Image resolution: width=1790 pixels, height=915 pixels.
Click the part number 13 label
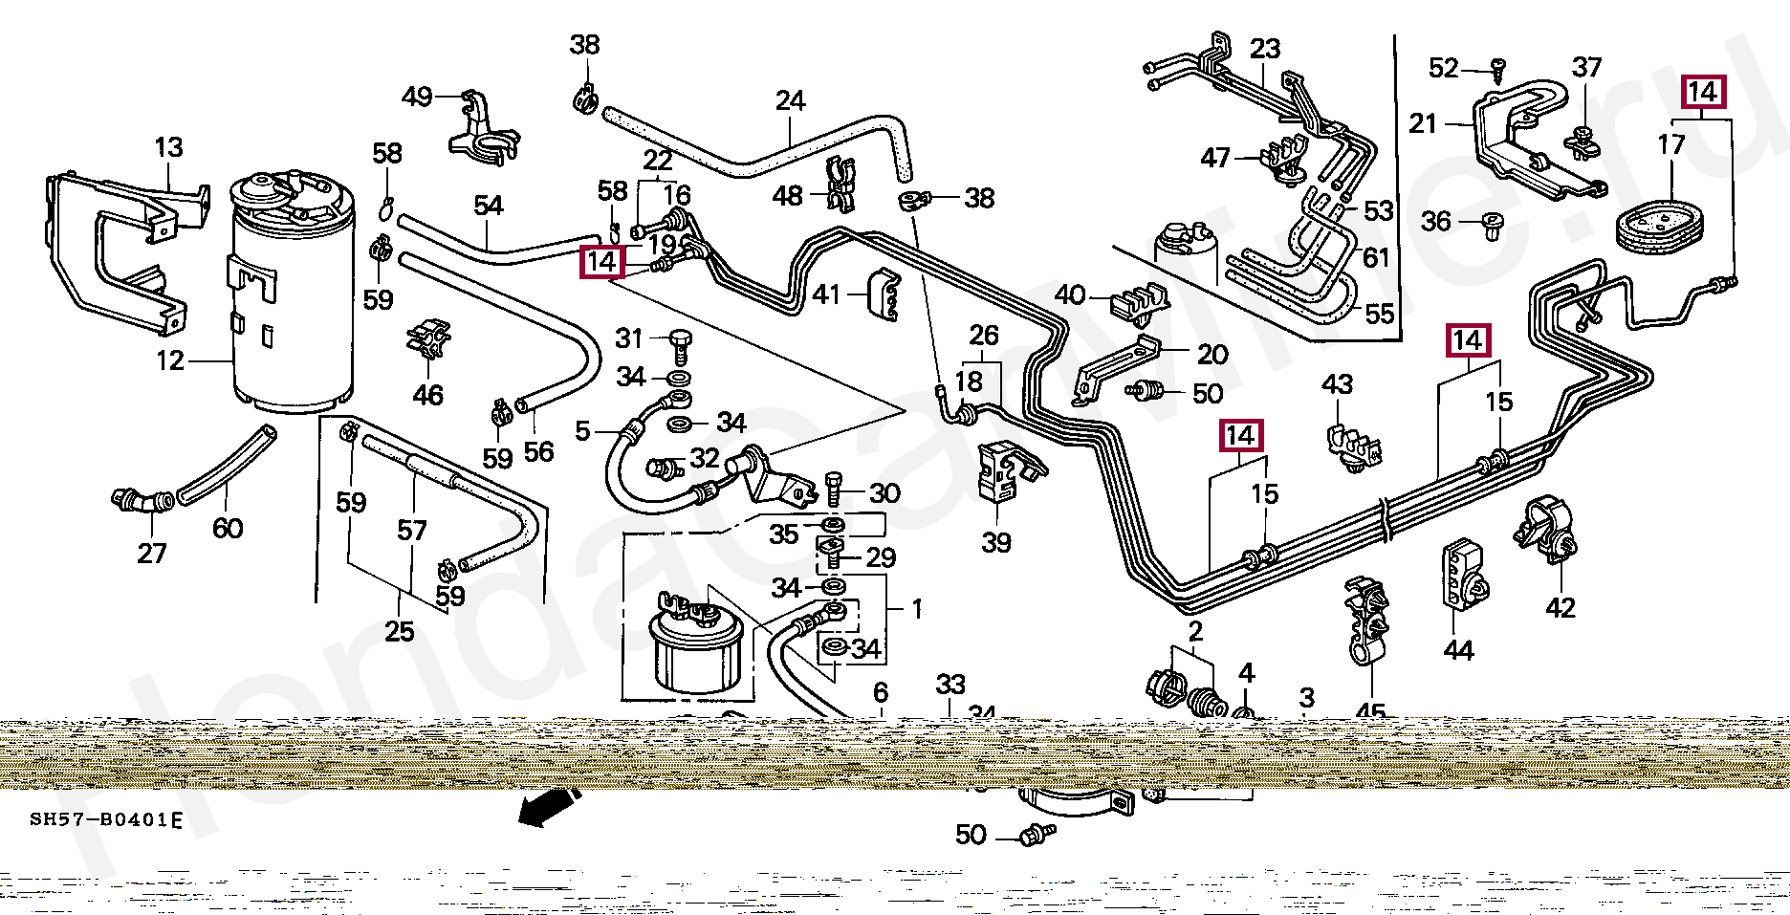coord(168,148)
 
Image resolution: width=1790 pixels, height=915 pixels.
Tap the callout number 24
coord(790,101)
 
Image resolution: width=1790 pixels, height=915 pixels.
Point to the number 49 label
coord(417,97)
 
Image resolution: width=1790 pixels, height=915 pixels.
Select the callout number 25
coord(400,631)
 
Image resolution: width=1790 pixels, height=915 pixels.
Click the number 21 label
coord(1423,124)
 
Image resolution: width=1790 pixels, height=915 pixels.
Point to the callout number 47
coord(1216,158)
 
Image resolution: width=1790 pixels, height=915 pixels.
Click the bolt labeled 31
coord(681,340)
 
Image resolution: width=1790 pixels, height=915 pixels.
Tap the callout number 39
coord(995,543)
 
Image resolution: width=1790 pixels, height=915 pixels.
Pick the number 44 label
coord(1458,651)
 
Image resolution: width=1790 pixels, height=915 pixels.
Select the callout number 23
coord(1264,49)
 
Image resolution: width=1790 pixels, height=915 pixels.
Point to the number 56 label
coord(539,451)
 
